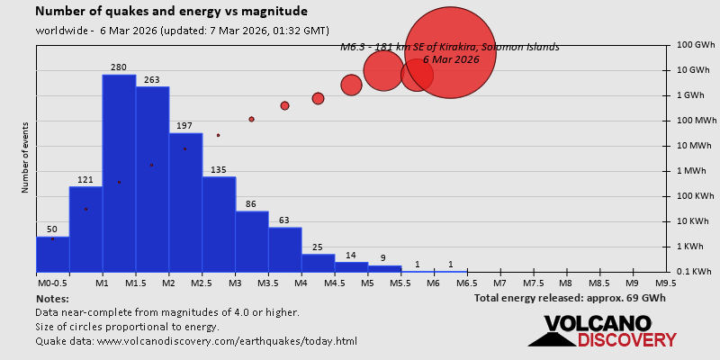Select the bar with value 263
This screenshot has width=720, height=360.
[x=152, y=179]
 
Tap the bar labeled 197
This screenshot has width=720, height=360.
[x=185, y=202]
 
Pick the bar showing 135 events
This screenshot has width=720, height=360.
[x=219, y=224]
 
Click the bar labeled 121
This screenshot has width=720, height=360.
[x=85, y=229]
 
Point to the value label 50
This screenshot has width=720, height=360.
[x=52, y=229]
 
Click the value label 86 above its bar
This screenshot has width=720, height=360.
[x=252, y=204]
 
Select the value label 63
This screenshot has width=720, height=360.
[x=285, y=220]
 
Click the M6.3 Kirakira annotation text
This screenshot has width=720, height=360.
[x=450, y=47]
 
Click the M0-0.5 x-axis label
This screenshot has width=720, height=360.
[x=52, y=283]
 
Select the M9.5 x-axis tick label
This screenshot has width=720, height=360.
[x=666, y=283]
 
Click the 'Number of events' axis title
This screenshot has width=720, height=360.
[x=25, y=158]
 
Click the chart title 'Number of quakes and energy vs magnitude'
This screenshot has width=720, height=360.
[x=171, y=12]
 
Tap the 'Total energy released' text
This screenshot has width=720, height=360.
[x=570, y=298]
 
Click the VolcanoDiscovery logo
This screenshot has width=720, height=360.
[x=602, y=331]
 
